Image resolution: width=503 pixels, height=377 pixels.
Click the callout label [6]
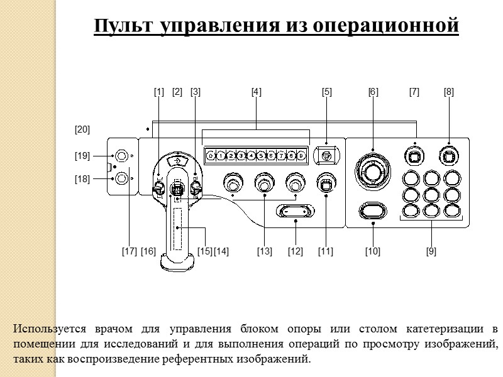click(x=373, y=92)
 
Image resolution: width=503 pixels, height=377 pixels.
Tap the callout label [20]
click(x=82, y=130)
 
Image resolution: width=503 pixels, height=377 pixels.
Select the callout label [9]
click(x=431, y=251)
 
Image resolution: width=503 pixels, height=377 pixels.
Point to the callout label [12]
click(x=295, y=251)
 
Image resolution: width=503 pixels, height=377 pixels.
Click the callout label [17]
click(x=129, y=251)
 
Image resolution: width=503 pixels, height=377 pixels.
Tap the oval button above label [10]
click(x=372, y=210)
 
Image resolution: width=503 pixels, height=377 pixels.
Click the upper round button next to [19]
click(x=121, y=155)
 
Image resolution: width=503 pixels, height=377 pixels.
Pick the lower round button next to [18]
click(x=121, y=179)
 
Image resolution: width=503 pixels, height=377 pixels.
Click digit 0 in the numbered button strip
click(x=211, y=155)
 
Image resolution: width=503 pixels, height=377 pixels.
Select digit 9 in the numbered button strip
click(x=302, y=155)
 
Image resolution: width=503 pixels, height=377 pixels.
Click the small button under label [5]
click(x=327, y=153)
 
